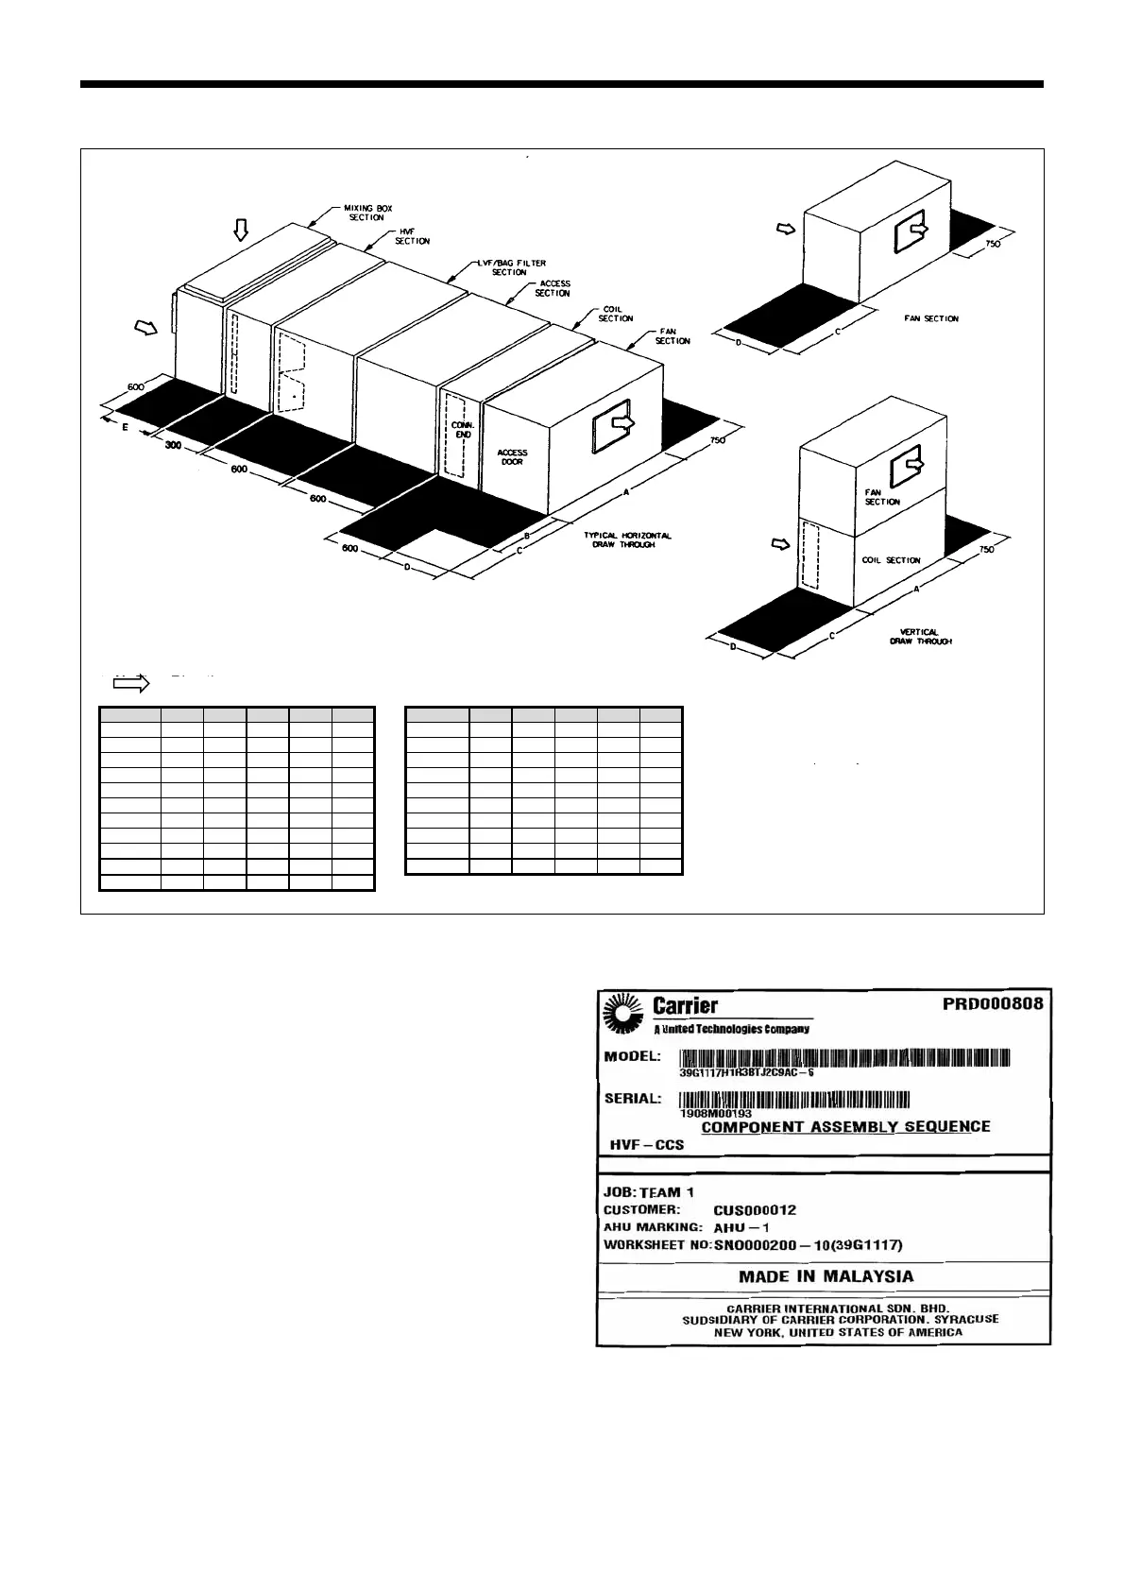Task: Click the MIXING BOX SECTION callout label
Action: (364, 212)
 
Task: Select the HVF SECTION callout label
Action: (412, 236)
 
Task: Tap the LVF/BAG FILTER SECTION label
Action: (511, 267)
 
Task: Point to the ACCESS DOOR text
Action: (512, 457)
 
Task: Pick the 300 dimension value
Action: (173, 445)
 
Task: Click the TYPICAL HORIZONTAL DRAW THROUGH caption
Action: (627, 540)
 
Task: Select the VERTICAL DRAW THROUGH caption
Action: (920, 636)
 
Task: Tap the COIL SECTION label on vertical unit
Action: (890, 560)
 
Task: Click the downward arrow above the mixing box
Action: (242, 230)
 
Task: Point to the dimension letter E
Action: (126, 427)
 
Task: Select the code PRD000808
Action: (992, 1003)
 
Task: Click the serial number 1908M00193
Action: (715, 1113)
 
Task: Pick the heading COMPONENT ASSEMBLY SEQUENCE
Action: (845, 1126)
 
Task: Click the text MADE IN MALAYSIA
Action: (826, 1276)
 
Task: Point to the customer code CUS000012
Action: (755, 1210)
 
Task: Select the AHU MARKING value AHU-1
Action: (741, 1228)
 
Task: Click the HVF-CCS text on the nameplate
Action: (647, 1144)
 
